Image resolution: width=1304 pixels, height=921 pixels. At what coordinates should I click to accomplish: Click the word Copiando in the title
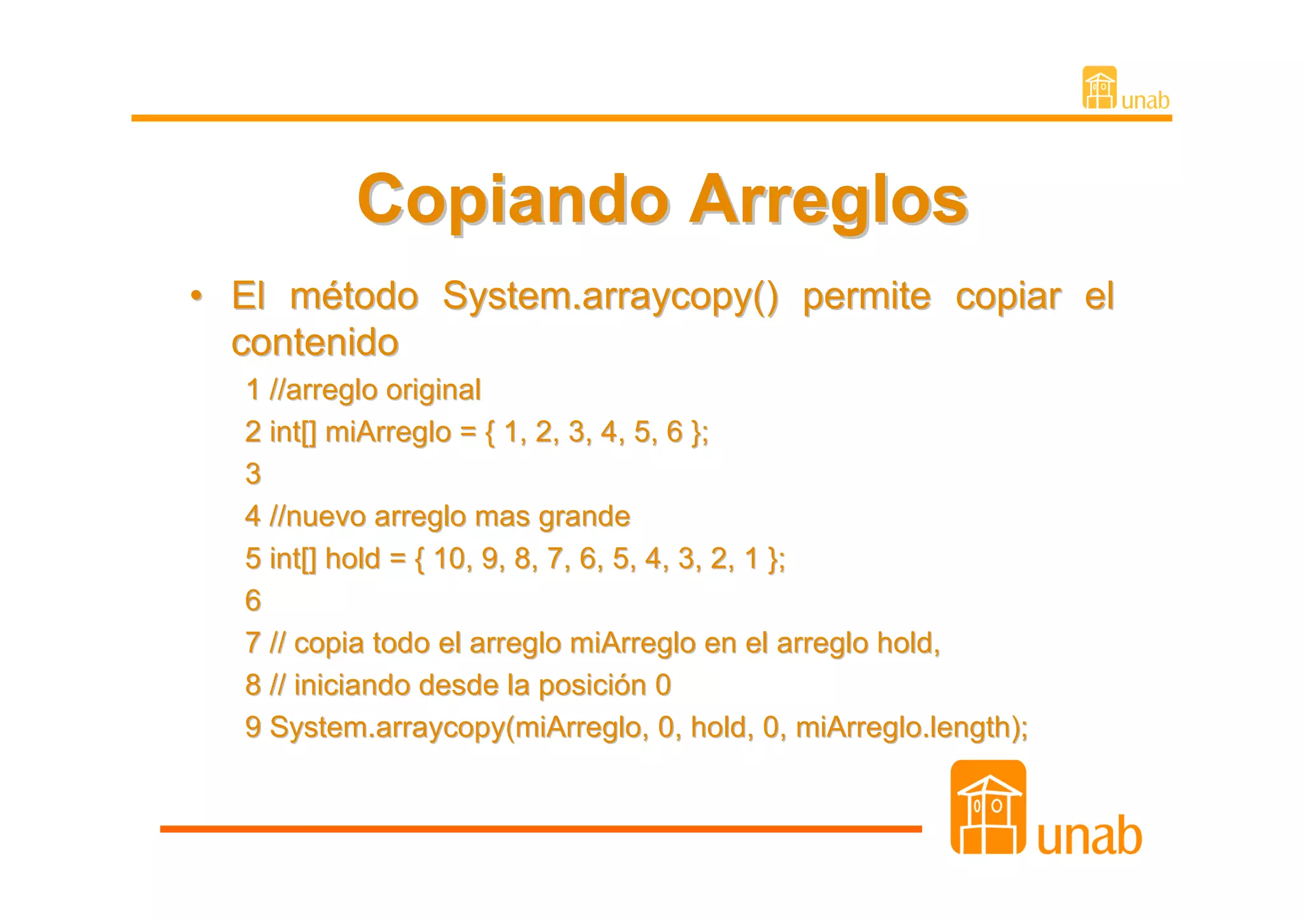click(x=513, y=200)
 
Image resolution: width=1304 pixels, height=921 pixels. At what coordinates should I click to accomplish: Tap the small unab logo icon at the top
click(x=1100, y=88)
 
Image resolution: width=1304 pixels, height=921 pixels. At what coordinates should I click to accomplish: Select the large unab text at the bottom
click(x=1089, y=836)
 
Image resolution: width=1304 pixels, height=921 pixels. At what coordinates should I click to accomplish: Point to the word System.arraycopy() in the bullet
click(x=610, y=297)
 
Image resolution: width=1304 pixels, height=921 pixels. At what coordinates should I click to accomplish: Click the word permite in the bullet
click(x=867, y=297)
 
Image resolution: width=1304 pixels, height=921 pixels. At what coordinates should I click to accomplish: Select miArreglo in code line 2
click(x=388, y=432)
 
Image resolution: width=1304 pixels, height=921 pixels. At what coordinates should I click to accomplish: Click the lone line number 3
click(x=253, y=474)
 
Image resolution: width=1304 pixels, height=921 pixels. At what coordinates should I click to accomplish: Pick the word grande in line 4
click(x=584, y=516)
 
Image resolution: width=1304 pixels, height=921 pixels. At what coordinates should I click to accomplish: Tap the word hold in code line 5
click(x=352, y=559)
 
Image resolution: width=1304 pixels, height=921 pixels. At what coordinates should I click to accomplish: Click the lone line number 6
click(x=253, y=601)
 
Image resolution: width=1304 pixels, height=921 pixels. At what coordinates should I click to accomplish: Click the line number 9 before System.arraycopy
click(x=253, y=728)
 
